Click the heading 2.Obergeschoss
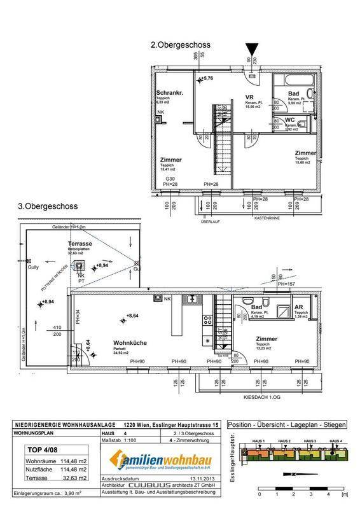(x=180, y=45)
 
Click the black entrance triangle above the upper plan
(x=254, y=48)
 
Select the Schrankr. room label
(x=170, y=93)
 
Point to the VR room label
(x=250, y=97)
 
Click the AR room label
(x=298, y=306)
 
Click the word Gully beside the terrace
(x=33, y=268)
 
